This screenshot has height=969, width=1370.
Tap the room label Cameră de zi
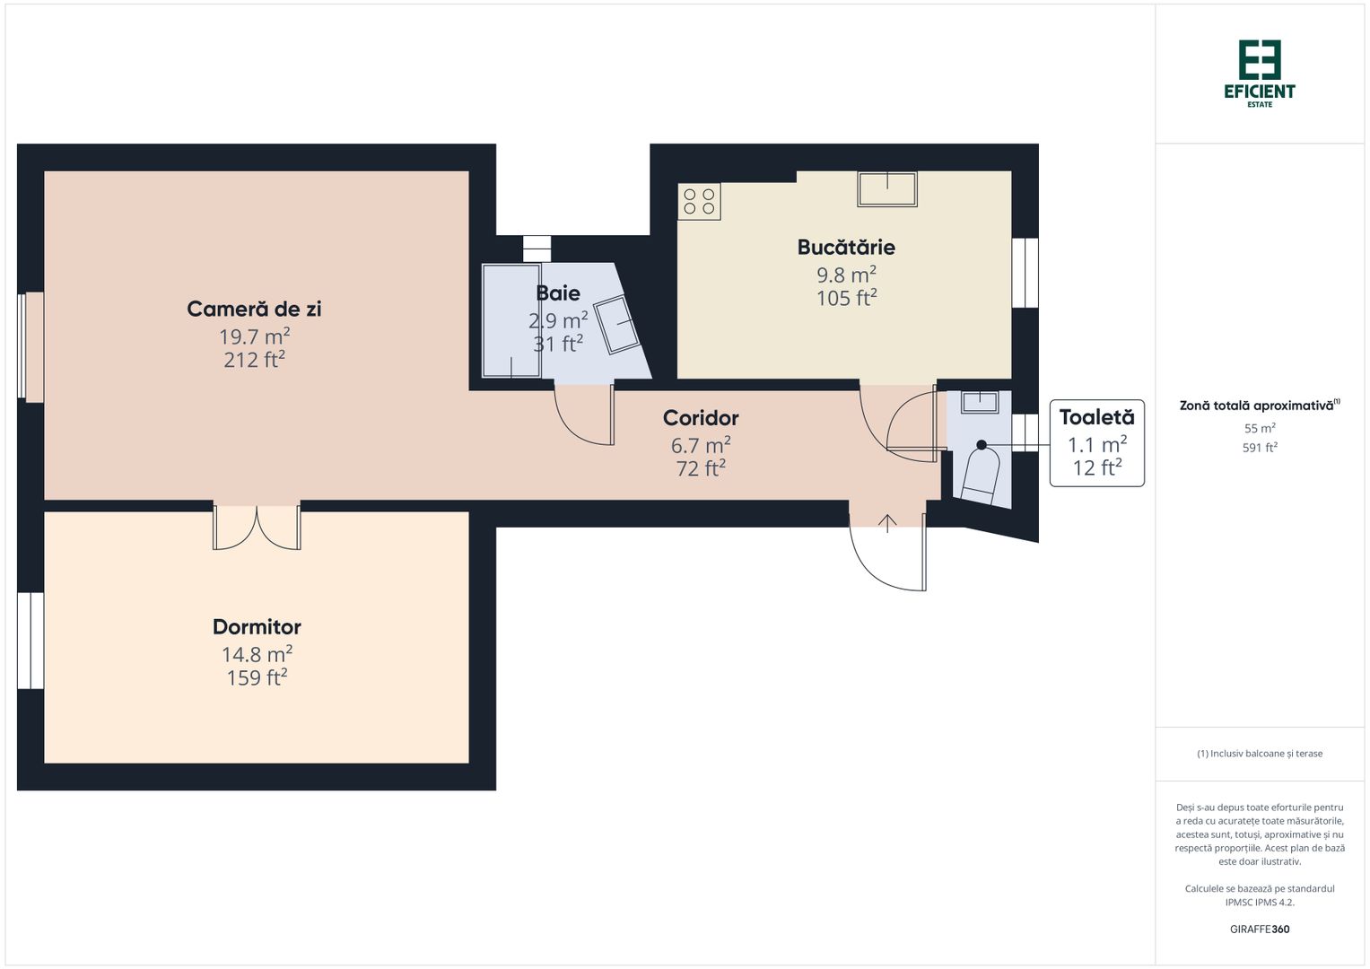coord(254,309)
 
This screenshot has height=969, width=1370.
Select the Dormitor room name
coord(257,627)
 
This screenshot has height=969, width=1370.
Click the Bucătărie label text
coord(846,247)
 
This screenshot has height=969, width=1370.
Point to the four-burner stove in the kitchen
coord(699,202)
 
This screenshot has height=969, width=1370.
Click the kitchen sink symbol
coord(887,189)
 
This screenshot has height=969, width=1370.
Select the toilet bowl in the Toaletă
coord(981,474)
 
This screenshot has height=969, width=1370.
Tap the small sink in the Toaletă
coord(979,401)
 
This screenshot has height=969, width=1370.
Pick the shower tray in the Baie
coord(511,320)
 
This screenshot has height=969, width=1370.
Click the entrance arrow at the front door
coord(887,523)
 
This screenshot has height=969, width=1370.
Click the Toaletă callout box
coord(1096,443)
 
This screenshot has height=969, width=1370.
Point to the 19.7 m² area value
coord(254,336)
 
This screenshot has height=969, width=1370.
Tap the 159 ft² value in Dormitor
coord(257,677)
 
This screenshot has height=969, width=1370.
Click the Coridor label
coord(701,418)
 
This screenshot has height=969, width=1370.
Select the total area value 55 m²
coord(1260,429)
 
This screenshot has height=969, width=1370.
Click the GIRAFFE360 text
coord(1260,930)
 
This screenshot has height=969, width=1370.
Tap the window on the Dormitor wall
coord(31,641)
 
